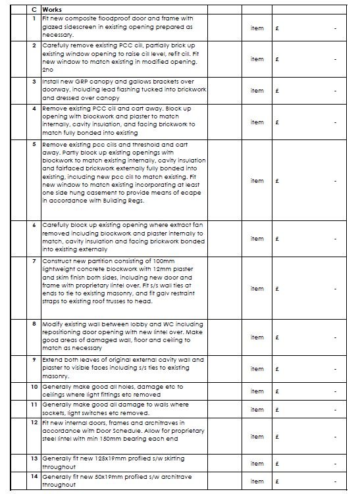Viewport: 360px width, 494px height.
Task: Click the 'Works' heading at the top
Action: (x=52, y=11)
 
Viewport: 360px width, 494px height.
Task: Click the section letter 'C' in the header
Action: (x=34, y=11)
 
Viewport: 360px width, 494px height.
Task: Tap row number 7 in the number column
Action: (x=34, y=261)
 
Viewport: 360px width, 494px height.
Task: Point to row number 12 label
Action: (x=34, y=422)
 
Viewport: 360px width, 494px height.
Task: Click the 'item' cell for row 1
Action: (x=257, y=29)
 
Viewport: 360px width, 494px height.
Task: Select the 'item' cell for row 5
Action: (x=257, y=181)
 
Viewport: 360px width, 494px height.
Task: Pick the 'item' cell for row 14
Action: (x=257, y=482)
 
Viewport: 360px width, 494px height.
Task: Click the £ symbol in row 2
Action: (x=278, y=59)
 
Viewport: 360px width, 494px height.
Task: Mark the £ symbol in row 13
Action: (x=278, y=464)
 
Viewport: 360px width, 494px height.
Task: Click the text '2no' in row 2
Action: (x=47, y=69)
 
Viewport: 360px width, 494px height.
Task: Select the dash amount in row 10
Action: (x=335, y=391)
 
